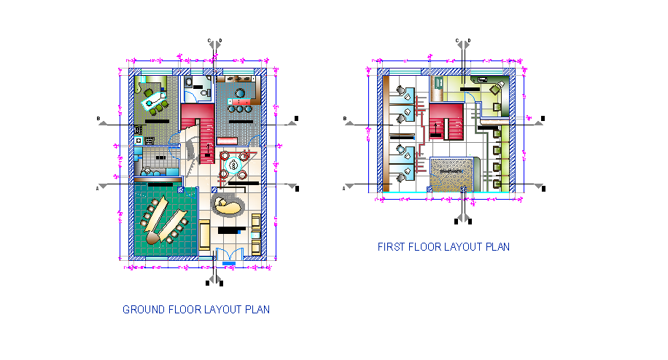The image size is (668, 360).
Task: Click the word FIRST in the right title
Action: (391, 247)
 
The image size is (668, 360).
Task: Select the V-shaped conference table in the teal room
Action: (164, 222)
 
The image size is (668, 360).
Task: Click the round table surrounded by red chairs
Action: (234, 164)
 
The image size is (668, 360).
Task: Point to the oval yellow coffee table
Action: (227, 206)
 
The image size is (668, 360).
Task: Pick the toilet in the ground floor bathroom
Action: (203, 92)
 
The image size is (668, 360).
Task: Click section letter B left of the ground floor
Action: (98, 118)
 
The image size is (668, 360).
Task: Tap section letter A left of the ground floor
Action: (98, 188)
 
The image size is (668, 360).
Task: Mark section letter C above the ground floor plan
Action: (209, 41)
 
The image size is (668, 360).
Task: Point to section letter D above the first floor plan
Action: (468, 41)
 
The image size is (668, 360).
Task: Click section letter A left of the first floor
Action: (344, 188)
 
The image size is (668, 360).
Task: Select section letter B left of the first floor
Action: (344, 118)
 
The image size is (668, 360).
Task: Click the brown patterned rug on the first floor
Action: (451, 175)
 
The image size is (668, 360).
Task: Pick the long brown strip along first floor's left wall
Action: (384, 131)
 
